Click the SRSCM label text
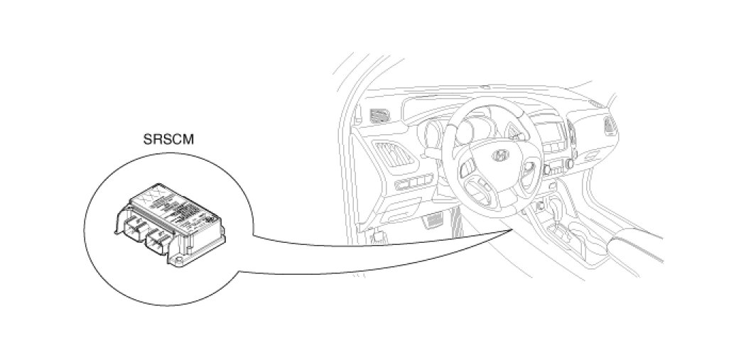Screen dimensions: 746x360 point(168,139)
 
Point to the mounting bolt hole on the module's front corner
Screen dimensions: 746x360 point(178,263)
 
